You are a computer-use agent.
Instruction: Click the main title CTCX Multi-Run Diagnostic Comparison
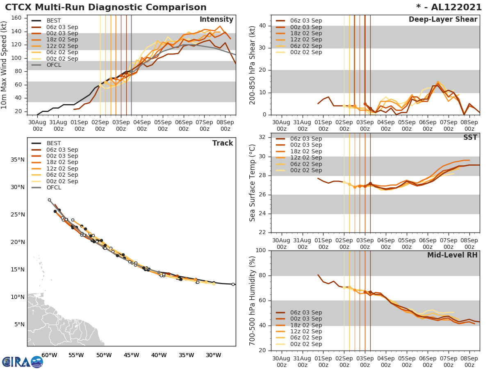coord(106,7)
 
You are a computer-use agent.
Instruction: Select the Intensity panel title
coord(216,20)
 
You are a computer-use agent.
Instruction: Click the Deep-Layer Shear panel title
coord(443,20)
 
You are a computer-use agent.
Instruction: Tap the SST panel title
coord(470,137)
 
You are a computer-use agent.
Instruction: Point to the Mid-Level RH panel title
coord(452,255)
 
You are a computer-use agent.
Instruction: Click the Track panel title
coord(222,143)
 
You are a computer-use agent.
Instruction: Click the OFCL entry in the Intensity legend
coord(54,65)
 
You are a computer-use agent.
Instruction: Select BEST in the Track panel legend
coord(54,143)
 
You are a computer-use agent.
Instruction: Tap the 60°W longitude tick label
coord(49,355)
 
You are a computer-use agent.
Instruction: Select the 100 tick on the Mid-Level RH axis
coord(262,250)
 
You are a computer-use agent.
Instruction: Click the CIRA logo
coord(23,362)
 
